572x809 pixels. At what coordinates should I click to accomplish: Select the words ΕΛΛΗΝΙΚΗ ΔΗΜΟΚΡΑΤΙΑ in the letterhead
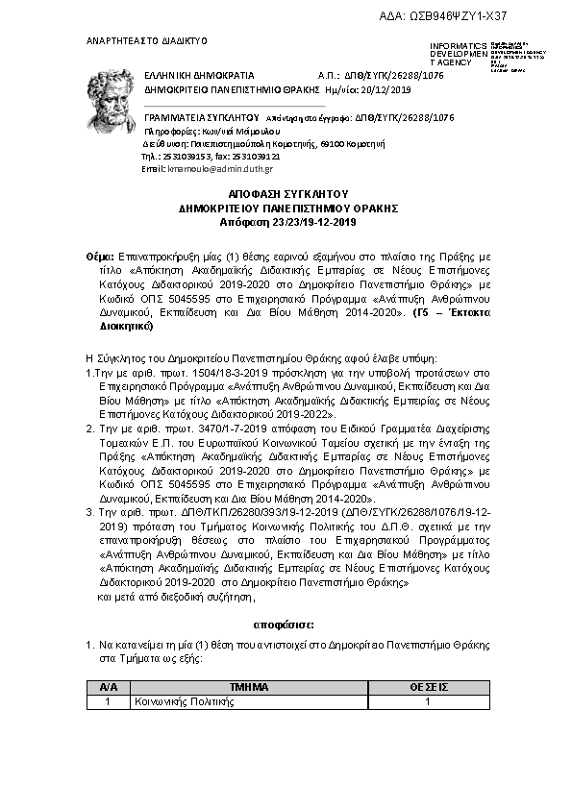199,74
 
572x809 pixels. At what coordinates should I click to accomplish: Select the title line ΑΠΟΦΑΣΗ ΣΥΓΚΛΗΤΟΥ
288,194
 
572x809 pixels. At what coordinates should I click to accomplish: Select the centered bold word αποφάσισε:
287,625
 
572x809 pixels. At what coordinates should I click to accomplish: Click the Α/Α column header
108,688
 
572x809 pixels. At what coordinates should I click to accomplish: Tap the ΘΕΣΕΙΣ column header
428,688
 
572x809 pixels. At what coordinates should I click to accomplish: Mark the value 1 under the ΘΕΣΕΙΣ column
428,701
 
